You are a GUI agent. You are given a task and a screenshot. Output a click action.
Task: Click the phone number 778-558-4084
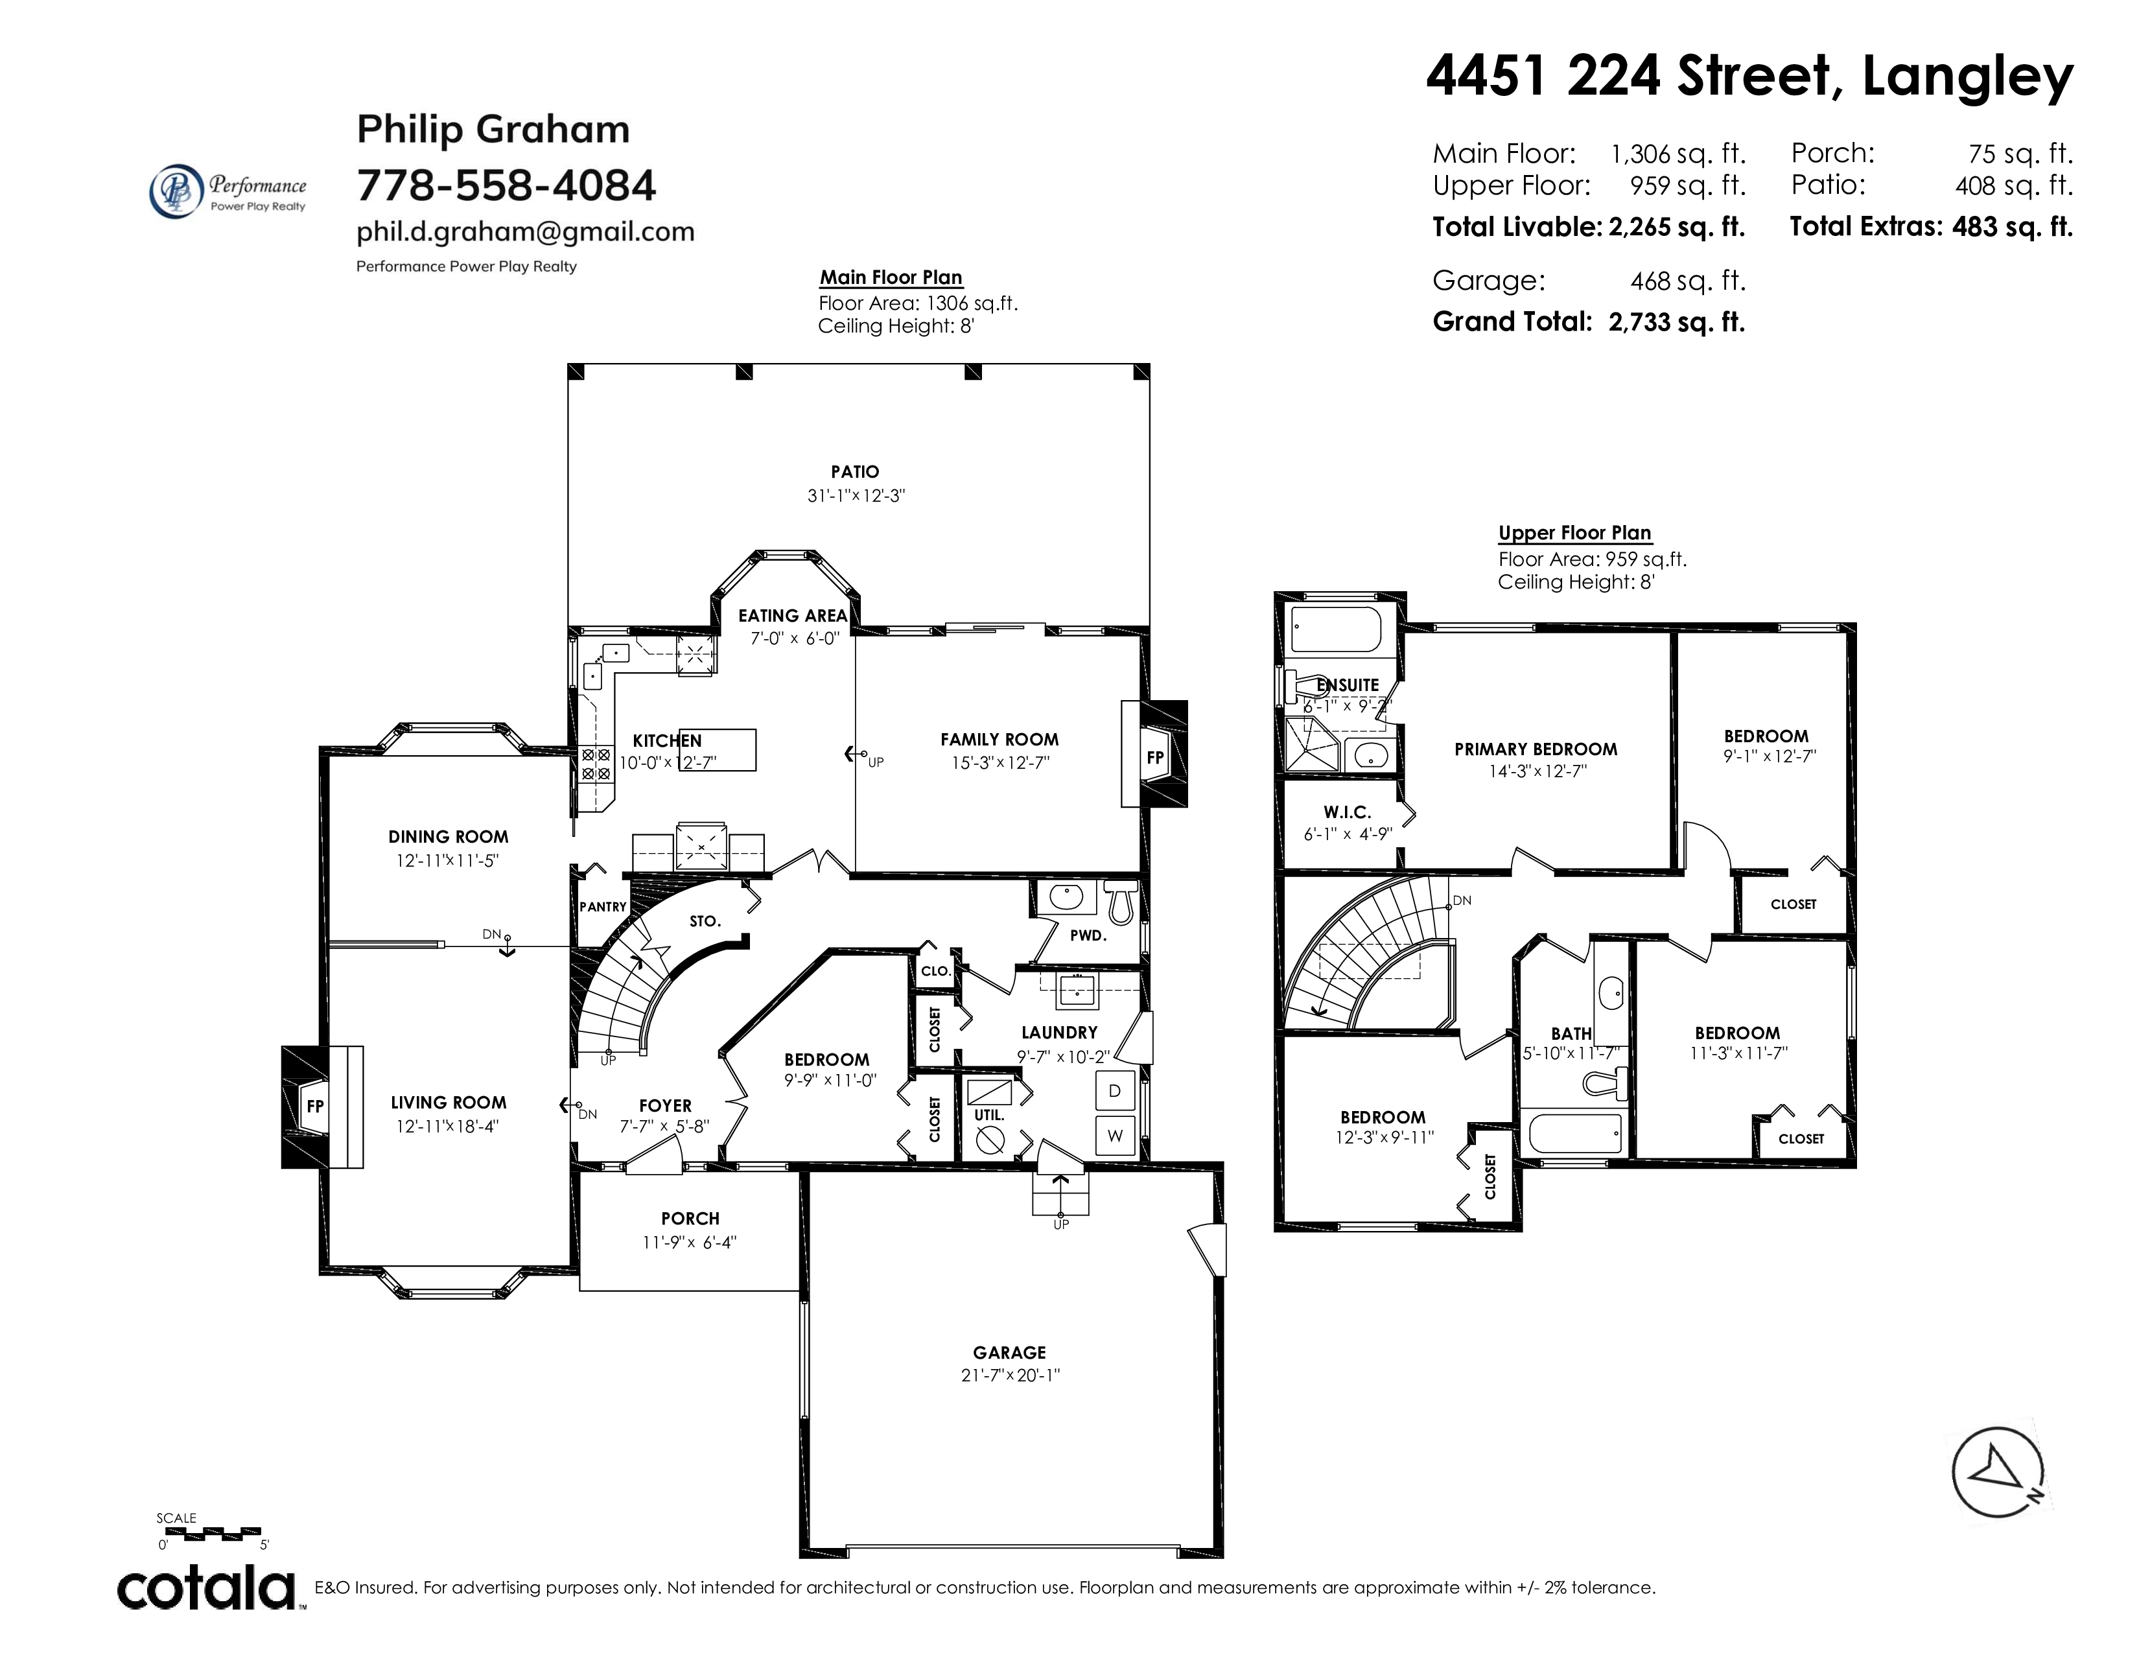coord(506,185)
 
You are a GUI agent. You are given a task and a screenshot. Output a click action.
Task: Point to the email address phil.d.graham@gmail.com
coord(525,232)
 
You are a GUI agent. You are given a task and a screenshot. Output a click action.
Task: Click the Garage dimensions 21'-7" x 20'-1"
coord(1010,1375)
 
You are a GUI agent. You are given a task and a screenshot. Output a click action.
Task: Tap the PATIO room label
coord(855,472)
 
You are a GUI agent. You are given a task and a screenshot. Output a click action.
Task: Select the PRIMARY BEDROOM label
coord(1536,749)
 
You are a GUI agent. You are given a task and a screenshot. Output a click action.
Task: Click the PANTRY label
coord(602,907)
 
